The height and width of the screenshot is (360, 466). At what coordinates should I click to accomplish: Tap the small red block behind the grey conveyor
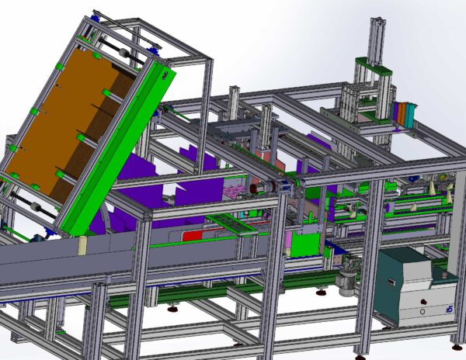pos(191,234)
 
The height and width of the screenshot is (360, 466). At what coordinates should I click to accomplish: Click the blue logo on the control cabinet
pos(449,310)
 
